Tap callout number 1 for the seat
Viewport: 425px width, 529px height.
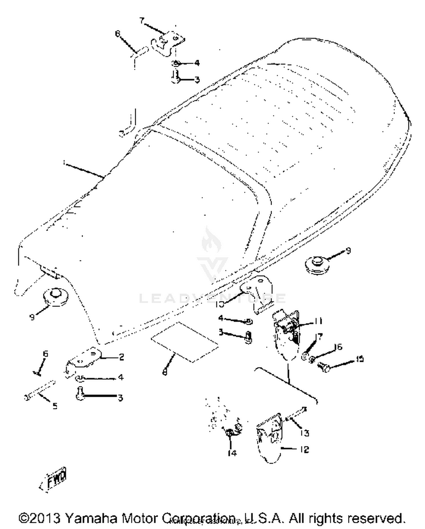[x=65, y=163]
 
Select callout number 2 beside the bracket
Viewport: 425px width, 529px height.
[x=121, y=357]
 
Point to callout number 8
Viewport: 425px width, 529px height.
[x=165, y=372]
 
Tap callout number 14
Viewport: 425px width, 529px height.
[x=232, y=453]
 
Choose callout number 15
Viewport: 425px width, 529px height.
[x=359, y=359]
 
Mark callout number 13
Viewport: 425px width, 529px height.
[x=304, y=433]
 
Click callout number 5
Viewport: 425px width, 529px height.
[x=55, y=406]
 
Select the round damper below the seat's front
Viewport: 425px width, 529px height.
[x=56, y=296]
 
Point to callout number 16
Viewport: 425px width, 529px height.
[x=338, y=347]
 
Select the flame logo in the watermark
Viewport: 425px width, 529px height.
[x=212, y=239]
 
